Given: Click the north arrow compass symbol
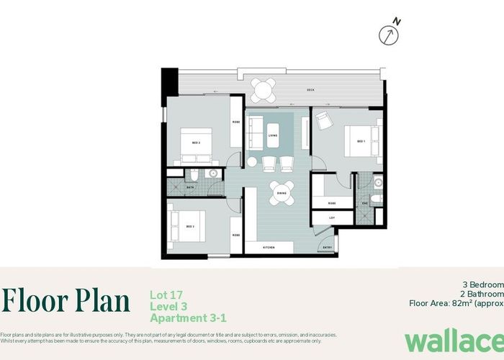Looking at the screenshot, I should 391,33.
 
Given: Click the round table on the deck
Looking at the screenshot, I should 263,90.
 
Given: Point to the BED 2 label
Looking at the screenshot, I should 196,143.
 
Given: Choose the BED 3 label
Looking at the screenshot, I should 190,226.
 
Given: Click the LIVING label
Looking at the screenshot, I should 273,135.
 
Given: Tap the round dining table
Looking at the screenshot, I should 281,193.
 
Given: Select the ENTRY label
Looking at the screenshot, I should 327,247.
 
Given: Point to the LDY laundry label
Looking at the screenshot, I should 332,217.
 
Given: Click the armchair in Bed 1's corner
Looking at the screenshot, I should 323,121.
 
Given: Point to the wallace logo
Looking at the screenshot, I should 452,340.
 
